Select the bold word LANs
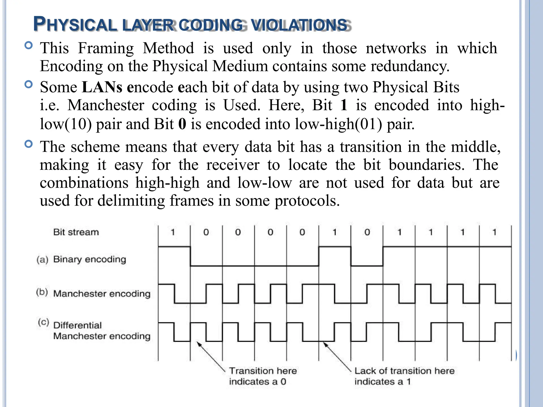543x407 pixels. click(x=102, y=87)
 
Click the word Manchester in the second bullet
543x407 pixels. click(x=106, y=105)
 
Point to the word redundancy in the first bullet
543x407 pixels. click(x=410, y=66)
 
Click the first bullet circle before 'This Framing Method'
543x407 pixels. click(x=28, y=46)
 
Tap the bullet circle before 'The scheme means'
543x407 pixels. click(x=28, y=144)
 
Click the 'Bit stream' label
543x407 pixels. click(x=76, y=232)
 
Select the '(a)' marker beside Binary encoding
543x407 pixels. click(x=42, y=260)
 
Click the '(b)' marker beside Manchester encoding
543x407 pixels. click(x=42, y=292)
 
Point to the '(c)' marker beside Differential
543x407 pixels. click(x=43, y=322)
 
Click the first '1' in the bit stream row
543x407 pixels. click(x=173, y=232)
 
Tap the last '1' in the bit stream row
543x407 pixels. click(x=494, y=232)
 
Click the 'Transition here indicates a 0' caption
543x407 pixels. click(x=262, y=376)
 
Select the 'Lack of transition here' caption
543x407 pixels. click(x=404, y=371)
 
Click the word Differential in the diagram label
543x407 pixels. click(x=77, y=325)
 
